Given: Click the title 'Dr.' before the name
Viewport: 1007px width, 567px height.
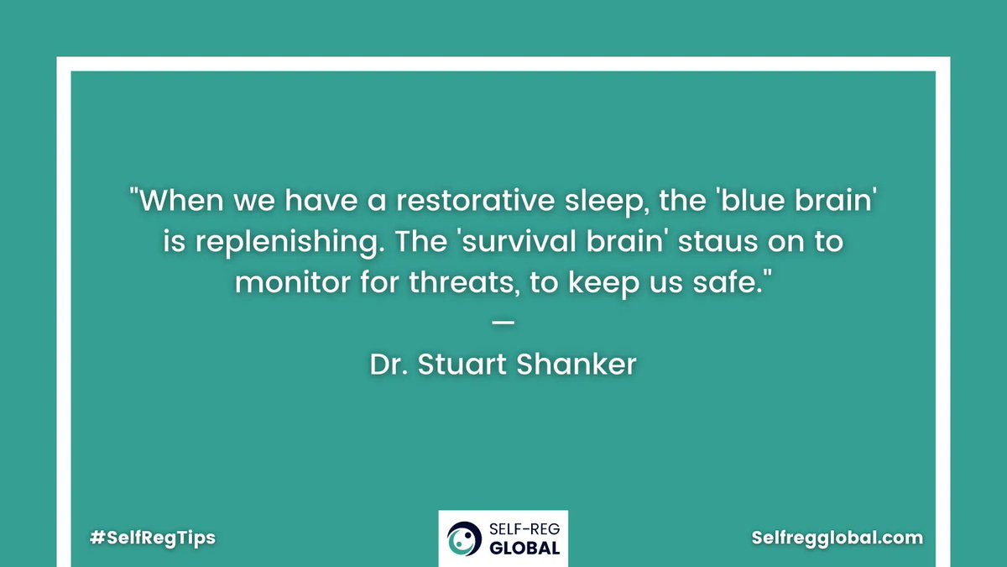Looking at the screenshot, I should pos(389,365).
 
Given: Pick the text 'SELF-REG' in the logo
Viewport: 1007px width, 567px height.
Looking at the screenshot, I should pos(521,530).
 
